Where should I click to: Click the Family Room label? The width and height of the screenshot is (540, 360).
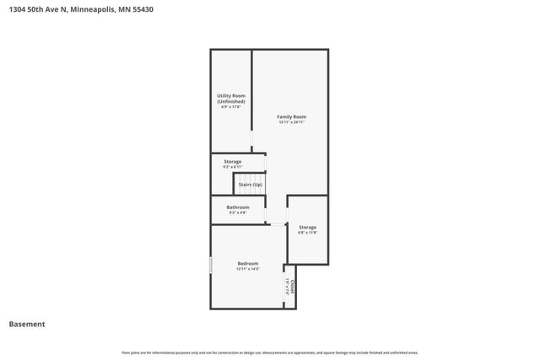point(292,116)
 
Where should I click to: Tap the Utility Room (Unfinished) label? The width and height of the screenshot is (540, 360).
point(230,99)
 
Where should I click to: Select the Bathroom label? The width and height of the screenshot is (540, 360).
point(238,207)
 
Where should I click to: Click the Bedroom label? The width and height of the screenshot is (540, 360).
point(248,263)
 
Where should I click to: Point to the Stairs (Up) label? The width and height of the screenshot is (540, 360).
point(251,184)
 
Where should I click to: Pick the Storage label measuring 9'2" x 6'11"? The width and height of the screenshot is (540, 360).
point(233,161)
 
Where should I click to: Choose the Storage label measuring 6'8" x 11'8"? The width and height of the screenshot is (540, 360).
point(307,227)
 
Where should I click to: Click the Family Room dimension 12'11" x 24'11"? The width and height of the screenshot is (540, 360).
point(292,122)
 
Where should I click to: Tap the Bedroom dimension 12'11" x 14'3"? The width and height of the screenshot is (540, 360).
point(248,269)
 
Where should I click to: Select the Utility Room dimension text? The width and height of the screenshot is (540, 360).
point(230,107)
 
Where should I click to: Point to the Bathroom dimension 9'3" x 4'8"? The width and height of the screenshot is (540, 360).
point(238,212)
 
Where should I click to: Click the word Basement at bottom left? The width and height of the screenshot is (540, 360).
point(27,324)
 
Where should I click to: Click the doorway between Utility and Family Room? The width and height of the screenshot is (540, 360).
point(252,138)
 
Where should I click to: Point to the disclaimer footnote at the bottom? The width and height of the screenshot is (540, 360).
point(270,352)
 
